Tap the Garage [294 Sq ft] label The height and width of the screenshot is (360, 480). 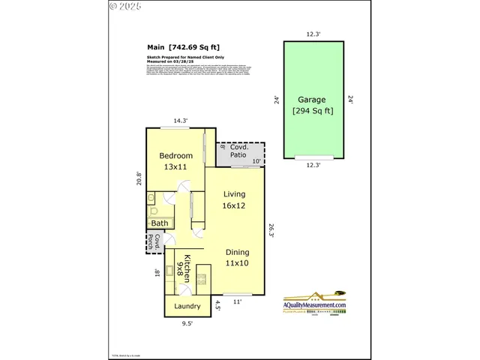pyautogui.click(x=313, y=105)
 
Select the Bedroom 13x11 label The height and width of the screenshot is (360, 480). pyautogui.click(x=176, y=160)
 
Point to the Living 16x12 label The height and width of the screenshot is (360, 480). pyautogui.click(x=235, y=199)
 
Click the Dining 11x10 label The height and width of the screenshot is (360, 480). pyautogui.click(x=238, y=257)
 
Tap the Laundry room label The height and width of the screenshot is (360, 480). pyautogui.click(x=187, y=306)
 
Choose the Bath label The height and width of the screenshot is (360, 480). pyautogui.click(x=160, y=223)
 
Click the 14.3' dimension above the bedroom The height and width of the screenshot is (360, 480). pyautogui.click(x=181, y=120)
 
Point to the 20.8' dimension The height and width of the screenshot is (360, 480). pyautogui.click(x=138, y=178)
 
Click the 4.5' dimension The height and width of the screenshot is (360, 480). pyautogui.click(x=218, y=305)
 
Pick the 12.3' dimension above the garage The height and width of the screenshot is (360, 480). pyautogui.click(x=313, y=33)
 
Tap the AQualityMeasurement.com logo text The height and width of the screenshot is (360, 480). pyautogui.click(x=315, y=305)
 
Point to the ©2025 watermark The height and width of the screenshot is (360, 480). pyautogui.click(x=124, y=6)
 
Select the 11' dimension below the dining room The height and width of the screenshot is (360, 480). pyautogui.click(x=238, y=301)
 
